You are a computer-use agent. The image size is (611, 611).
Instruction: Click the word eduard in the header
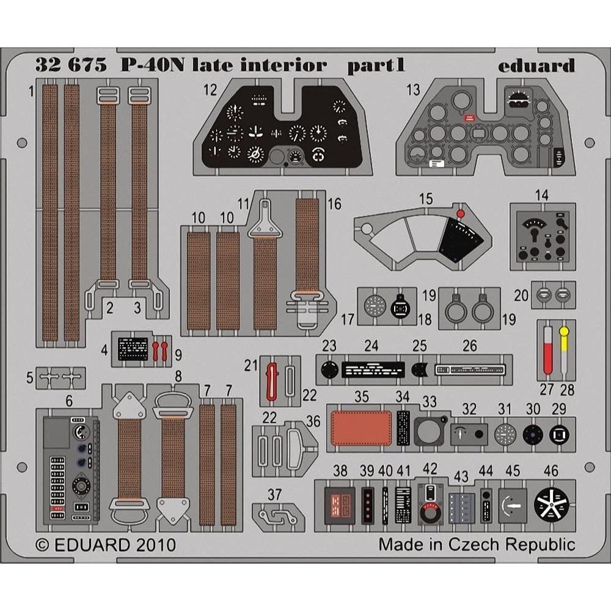535,65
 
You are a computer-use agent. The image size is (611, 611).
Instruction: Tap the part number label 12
211,90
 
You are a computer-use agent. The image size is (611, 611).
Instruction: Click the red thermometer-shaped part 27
547,350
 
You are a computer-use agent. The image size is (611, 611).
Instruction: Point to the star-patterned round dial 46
551,503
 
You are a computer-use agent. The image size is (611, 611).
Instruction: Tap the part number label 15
426,199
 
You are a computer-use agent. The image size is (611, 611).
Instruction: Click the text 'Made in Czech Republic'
477,544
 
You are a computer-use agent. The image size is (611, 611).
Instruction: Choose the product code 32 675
63,65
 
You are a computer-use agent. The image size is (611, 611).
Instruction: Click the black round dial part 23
329,369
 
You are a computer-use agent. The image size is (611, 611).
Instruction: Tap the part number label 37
275,495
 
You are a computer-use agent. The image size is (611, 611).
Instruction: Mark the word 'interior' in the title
288,65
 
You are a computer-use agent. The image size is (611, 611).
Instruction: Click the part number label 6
69,401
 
